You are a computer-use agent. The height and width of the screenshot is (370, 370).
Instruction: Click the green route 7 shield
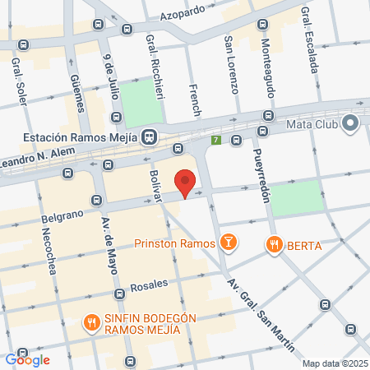(x=216, y=141)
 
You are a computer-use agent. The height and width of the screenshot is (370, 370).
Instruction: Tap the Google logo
(x=27, y=359)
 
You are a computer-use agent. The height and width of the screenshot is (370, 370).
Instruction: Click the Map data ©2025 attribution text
(x=334, y=363)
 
